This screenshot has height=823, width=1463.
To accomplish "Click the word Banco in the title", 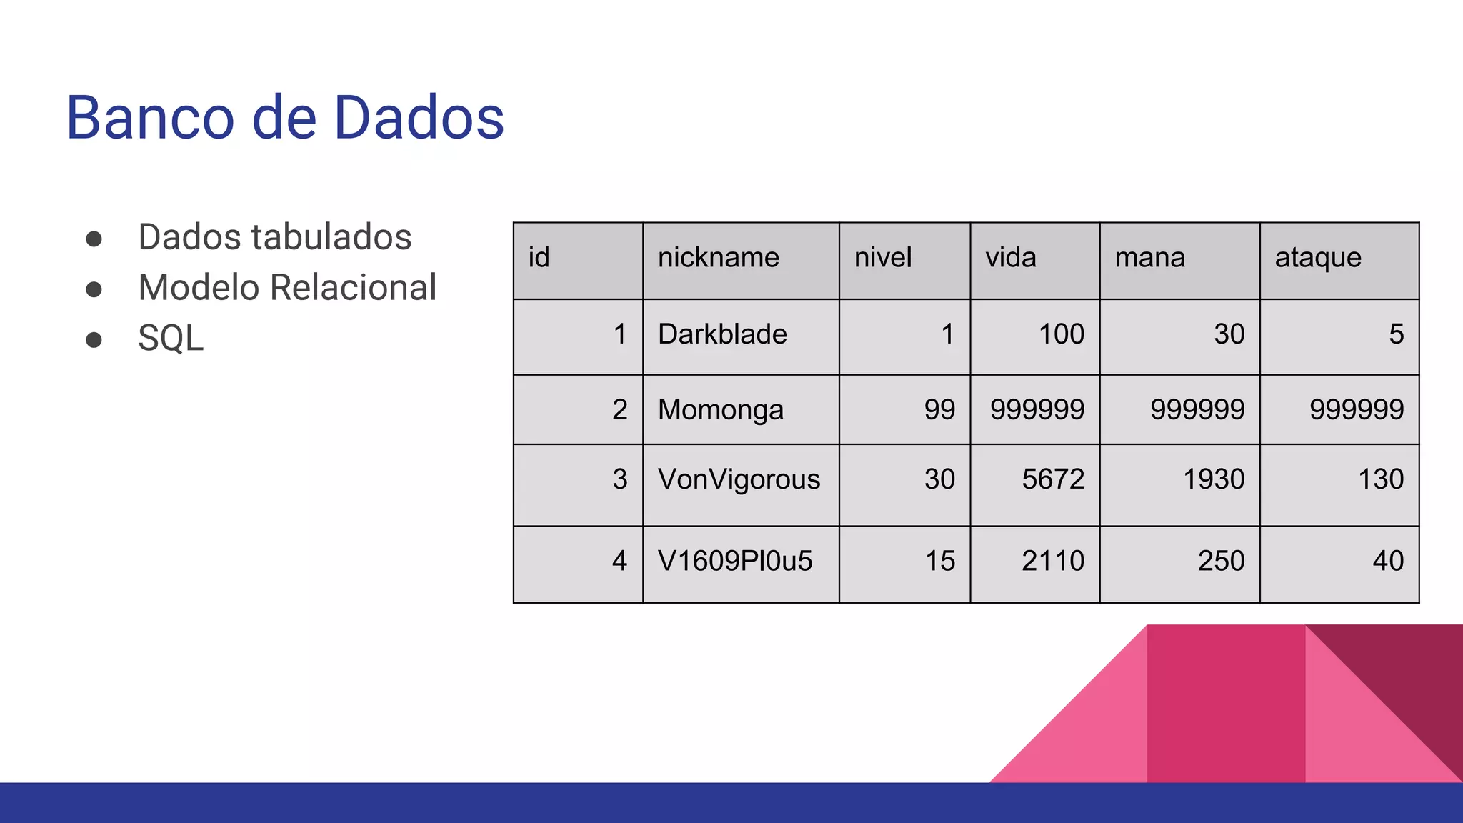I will pyautogui.click(x=150, y=118).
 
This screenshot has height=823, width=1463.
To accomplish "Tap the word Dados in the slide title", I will pyautogui.click(x=419, y=118).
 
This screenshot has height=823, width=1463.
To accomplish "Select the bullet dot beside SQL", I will pyautogui.click(x=94, y=339).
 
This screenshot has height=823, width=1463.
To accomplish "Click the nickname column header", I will pyautogui.click(x=718, y=258).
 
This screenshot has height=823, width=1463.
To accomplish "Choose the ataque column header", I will pyautogui.click(x=1318, y=258).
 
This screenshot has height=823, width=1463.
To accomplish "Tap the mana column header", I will pyautogui.click(x=1149, y=258).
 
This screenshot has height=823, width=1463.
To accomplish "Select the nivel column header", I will pyautogui.click(x=883, y=258).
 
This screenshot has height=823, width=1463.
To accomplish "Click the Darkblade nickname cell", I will pyautogui.click(x=722, y=334).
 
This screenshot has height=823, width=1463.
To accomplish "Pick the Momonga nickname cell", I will pyautogui.click(x=720, y=410).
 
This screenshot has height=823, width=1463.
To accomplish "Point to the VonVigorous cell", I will pyautogui.click(x=739, y=479).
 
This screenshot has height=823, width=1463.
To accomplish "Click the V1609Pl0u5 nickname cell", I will pyautogui.click(x=735, y=562).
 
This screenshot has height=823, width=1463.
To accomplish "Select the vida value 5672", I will pyautogui.click(x=1052, y=479).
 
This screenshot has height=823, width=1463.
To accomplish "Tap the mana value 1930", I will pyautogui.click(x=1213, y=479).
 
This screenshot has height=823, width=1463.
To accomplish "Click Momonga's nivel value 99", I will pyautogui.click(x=939, y=410).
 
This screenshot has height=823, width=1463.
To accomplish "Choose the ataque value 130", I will pyautogui.click(x=1380, y=479).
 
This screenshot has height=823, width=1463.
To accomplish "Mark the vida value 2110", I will pyautogui.click(x=1052, y=562).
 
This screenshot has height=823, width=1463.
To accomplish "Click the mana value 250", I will pyautogui.click(x=1221, y=562).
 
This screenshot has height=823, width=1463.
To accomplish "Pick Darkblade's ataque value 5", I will pyautogui.click(x=1396, y=334).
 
